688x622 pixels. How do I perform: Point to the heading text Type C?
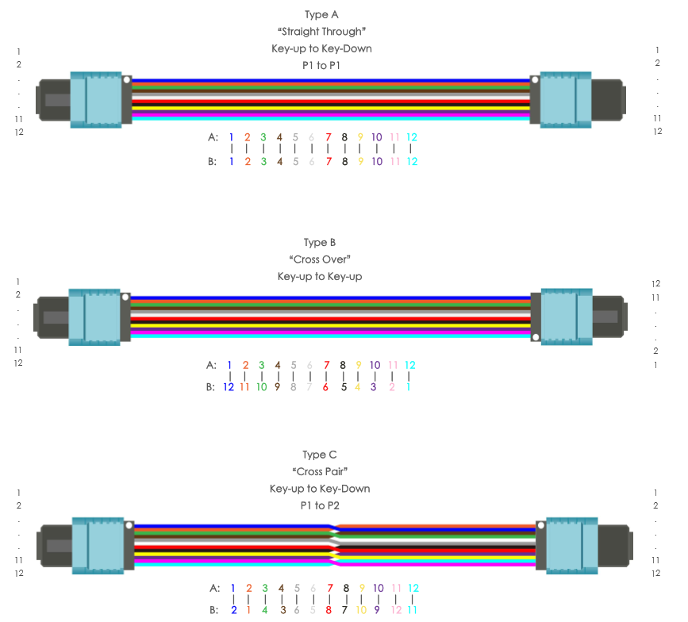pos(320,455)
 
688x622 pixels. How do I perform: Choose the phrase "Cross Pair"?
pos(320,472)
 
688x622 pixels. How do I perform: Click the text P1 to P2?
pos(320,505)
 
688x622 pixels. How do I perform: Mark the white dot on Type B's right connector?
pos(536,338)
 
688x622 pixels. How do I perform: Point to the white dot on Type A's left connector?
pos(126,79)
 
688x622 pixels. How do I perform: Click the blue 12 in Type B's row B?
pos(229,388)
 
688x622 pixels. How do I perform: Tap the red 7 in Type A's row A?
pos(328,137)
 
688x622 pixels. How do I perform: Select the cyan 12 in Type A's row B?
pos(411,162)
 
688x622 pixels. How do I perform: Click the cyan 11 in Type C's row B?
pos(412,611)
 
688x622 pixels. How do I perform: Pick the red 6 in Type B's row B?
pos(325,388)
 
